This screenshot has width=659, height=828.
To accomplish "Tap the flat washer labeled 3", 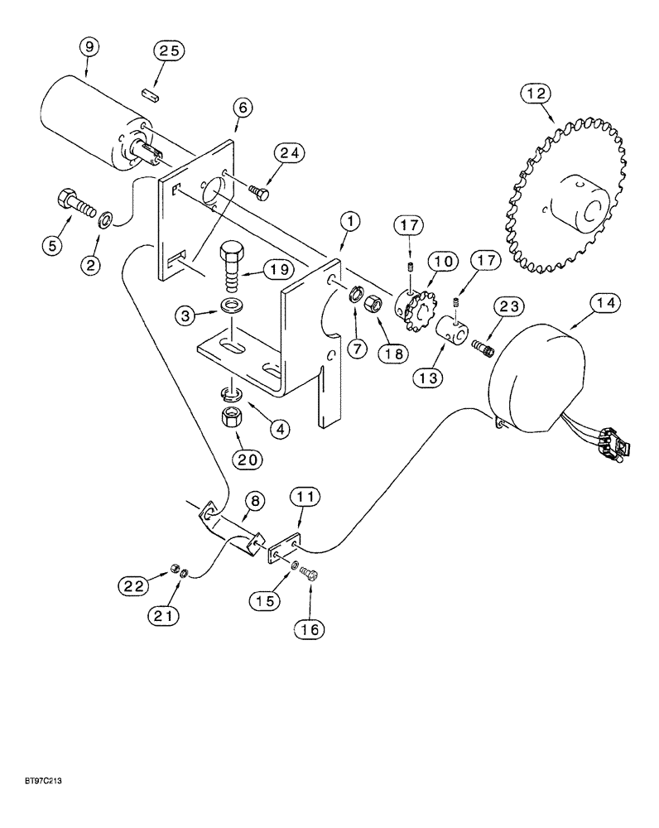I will [233, 306].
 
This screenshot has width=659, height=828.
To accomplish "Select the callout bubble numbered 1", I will [351, 221].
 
